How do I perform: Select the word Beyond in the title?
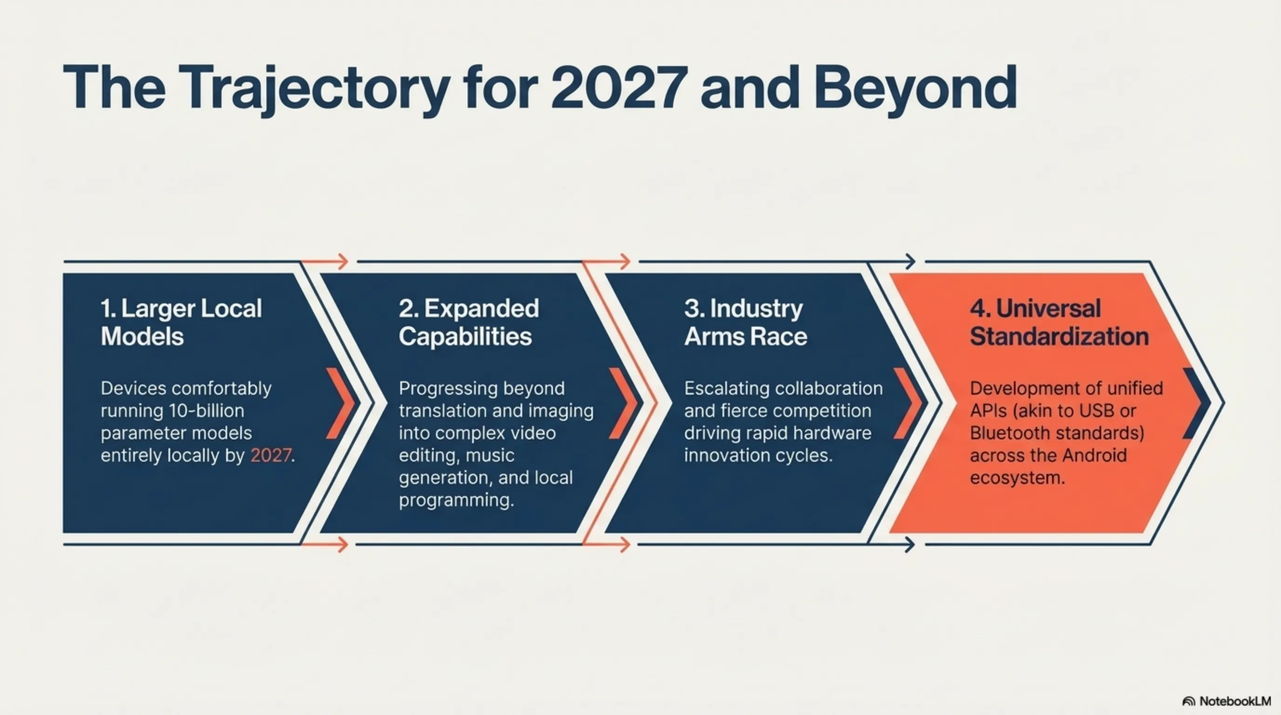[x=916, y=89]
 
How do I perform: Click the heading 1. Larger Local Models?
[x=181, y=322]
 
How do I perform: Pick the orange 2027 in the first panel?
[x=270, y=455]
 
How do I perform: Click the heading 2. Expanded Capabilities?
[x=468, y=322]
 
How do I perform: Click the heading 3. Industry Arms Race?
[x=745, y=322]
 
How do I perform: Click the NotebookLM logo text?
[x=1235, y=701]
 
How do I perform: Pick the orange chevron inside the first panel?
[x=341, y=403]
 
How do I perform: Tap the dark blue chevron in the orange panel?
[x=1196, y=403]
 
